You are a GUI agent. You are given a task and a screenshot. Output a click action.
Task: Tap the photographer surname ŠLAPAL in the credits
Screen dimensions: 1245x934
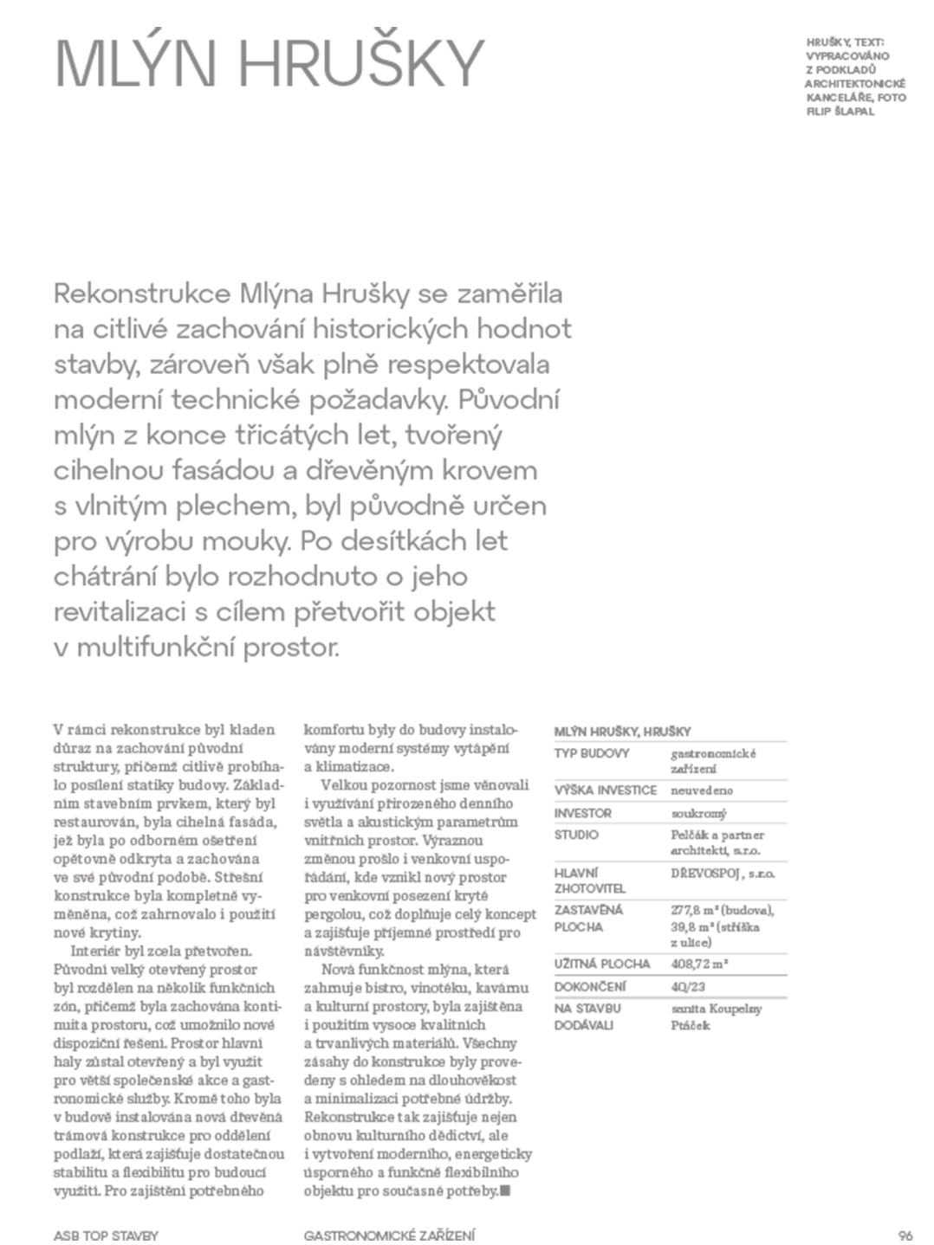[x=855, y=112]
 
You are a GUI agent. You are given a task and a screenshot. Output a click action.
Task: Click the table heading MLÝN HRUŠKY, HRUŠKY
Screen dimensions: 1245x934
[x=622, y=732]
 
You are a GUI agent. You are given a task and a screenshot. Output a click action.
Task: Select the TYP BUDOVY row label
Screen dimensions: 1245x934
[x=592, y=754]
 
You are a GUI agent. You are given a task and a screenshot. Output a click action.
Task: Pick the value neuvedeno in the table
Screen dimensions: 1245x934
[x=702, y=790]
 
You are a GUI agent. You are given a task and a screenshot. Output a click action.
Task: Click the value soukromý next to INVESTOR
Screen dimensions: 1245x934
[x=698, y=814]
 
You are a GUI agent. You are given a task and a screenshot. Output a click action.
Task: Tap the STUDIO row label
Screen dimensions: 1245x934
[x=576, y=835]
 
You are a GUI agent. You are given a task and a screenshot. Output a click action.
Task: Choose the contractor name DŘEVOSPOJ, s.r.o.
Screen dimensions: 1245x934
[x=723, y=874]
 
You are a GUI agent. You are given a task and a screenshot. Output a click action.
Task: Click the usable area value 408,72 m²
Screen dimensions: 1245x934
[x=699, y=964]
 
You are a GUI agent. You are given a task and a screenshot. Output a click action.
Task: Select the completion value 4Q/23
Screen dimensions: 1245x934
[x=687, y=986]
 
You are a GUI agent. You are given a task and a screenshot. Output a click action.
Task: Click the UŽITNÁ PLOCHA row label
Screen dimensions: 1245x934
[x=601, y=964]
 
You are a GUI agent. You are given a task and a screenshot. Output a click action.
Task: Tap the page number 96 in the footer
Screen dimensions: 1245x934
[x=905, y=1235]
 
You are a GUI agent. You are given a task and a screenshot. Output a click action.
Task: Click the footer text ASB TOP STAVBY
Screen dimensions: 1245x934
[x=106, y=1235]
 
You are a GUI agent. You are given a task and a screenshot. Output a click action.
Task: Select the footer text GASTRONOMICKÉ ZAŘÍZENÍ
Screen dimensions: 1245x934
[x=389, y=1235]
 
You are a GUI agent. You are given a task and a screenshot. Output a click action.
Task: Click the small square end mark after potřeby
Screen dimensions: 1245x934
[x=506, y=1191]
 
